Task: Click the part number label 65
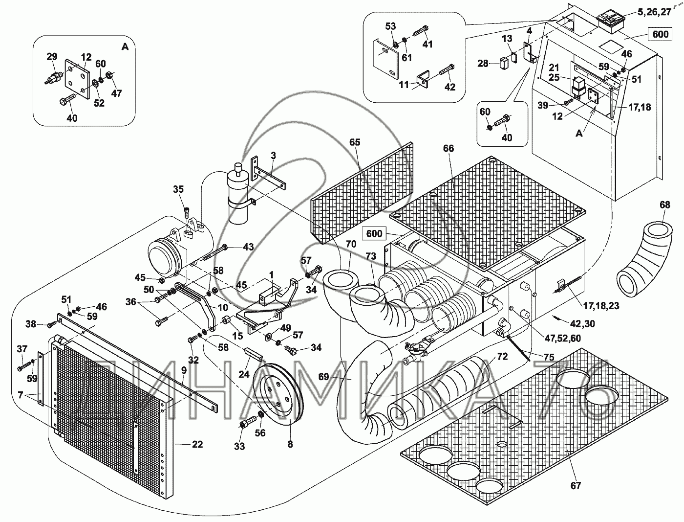[x=355, y=143]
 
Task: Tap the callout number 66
[x=449, y=148]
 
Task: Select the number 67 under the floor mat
[x=576, y=485]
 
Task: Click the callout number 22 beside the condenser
[x=197, y=444]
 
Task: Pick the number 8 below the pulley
[x=290, y=444]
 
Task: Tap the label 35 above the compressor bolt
[x=178, y=189]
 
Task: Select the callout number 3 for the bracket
[x=274, y=156]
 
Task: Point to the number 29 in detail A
[x=52, y=58]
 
